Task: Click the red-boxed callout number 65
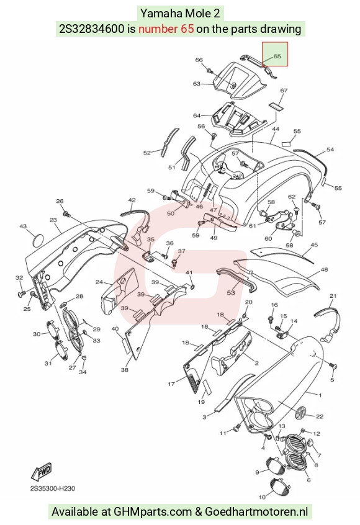point(277,56)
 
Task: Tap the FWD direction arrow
point(42,472)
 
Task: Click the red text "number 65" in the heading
point(166,29)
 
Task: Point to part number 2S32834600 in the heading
point(91,29)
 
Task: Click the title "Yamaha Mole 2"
point(180,14)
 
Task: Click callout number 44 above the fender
point(276,129)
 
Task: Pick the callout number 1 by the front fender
point(320,395)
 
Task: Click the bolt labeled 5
point(332,366)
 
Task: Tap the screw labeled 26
point(66,213)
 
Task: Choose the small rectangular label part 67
point(276,107)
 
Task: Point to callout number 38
point(125,370)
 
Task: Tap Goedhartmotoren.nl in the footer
point(256,511)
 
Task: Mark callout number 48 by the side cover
point(324,269)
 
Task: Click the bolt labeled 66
point(209,71)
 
